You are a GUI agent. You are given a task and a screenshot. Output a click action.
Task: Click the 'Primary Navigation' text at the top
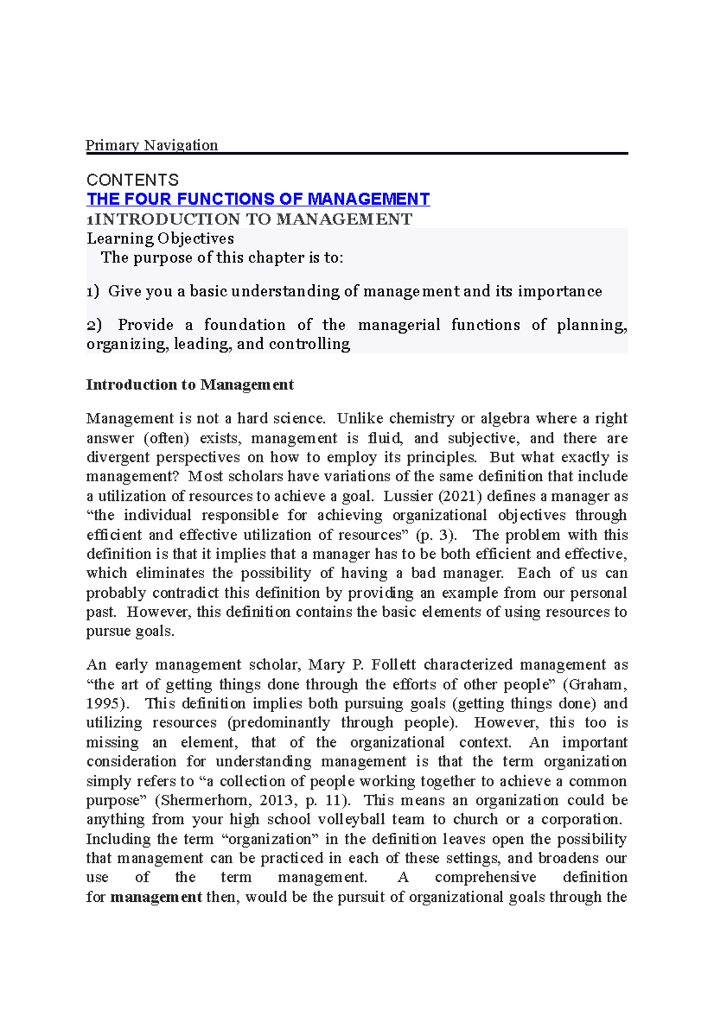(x=152, y=145)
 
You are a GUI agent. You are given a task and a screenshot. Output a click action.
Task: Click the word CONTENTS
(x=132, y=180)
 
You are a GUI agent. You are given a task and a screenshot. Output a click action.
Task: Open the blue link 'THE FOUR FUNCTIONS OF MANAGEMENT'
(x=258, y=199)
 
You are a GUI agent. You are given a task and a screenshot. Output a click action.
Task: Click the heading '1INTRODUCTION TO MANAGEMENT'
(x=249, y=219)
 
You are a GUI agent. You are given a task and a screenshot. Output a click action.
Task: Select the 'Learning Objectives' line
(x=160, y=239)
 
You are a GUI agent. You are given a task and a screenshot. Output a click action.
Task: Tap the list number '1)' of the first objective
(x=92, y=291)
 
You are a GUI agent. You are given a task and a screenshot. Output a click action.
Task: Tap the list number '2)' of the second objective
(x=93, y=325)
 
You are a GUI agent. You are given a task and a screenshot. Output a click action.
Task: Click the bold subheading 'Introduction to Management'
(x=190, y=385)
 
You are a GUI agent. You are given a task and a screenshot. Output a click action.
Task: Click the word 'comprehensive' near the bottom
(x=485, y=877)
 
